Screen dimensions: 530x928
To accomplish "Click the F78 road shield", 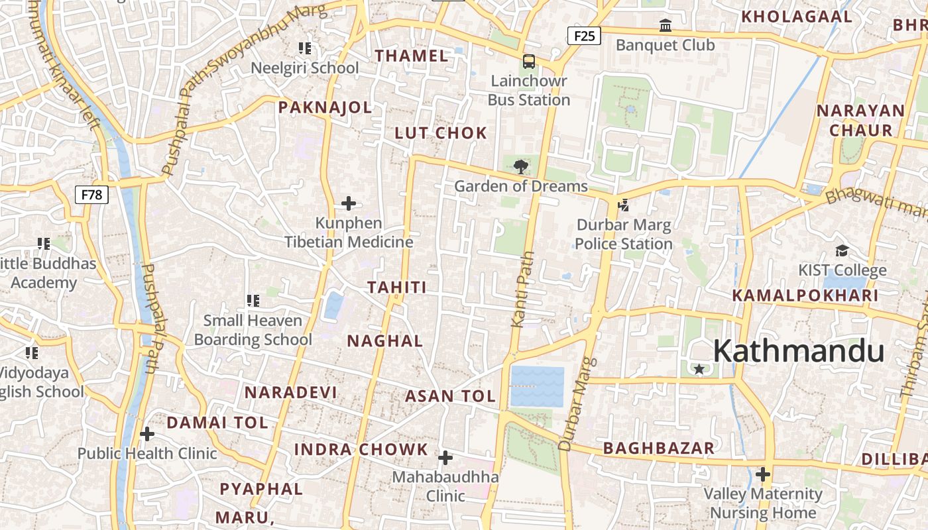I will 92,195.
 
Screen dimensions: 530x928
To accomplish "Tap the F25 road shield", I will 584,36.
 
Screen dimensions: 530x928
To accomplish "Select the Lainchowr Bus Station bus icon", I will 528,62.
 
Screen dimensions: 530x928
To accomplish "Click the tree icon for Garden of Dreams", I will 521,166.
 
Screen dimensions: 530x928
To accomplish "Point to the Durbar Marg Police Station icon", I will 623,205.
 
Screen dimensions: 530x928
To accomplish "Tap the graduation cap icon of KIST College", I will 842,250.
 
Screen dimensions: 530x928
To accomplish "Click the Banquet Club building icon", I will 666,26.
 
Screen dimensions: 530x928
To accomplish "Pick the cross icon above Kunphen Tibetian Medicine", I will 348,203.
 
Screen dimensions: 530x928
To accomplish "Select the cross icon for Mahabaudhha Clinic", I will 445,458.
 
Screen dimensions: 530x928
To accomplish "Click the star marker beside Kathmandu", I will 699,369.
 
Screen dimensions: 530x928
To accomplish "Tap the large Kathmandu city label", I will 799,351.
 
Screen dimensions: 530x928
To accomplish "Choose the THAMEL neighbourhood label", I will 412,56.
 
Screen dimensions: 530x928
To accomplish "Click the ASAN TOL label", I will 451,397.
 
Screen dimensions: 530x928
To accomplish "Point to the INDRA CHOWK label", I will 361,449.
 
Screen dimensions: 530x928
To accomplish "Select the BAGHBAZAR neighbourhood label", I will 659,449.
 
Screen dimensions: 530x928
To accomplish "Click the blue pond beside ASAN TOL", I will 537,386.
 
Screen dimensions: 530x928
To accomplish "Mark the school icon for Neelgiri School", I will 305,48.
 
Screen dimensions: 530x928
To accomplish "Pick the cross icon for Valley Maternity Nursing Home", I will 763,474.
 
